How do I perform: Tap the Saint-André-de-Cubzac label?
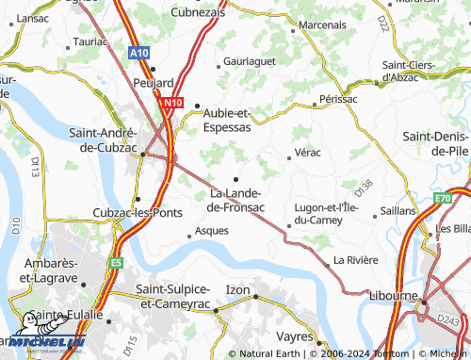coord(105,140)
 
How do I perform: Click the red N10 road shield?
coord(172,103)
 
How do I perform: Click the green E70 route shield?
coord(445,199)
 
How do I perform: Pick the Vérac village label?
coord(307,152)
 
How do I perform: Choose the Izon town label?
coord(238,288)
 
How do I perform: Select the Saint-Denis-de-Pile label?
coord(436,142)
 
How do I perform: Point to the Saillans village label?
coord(399,210)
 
